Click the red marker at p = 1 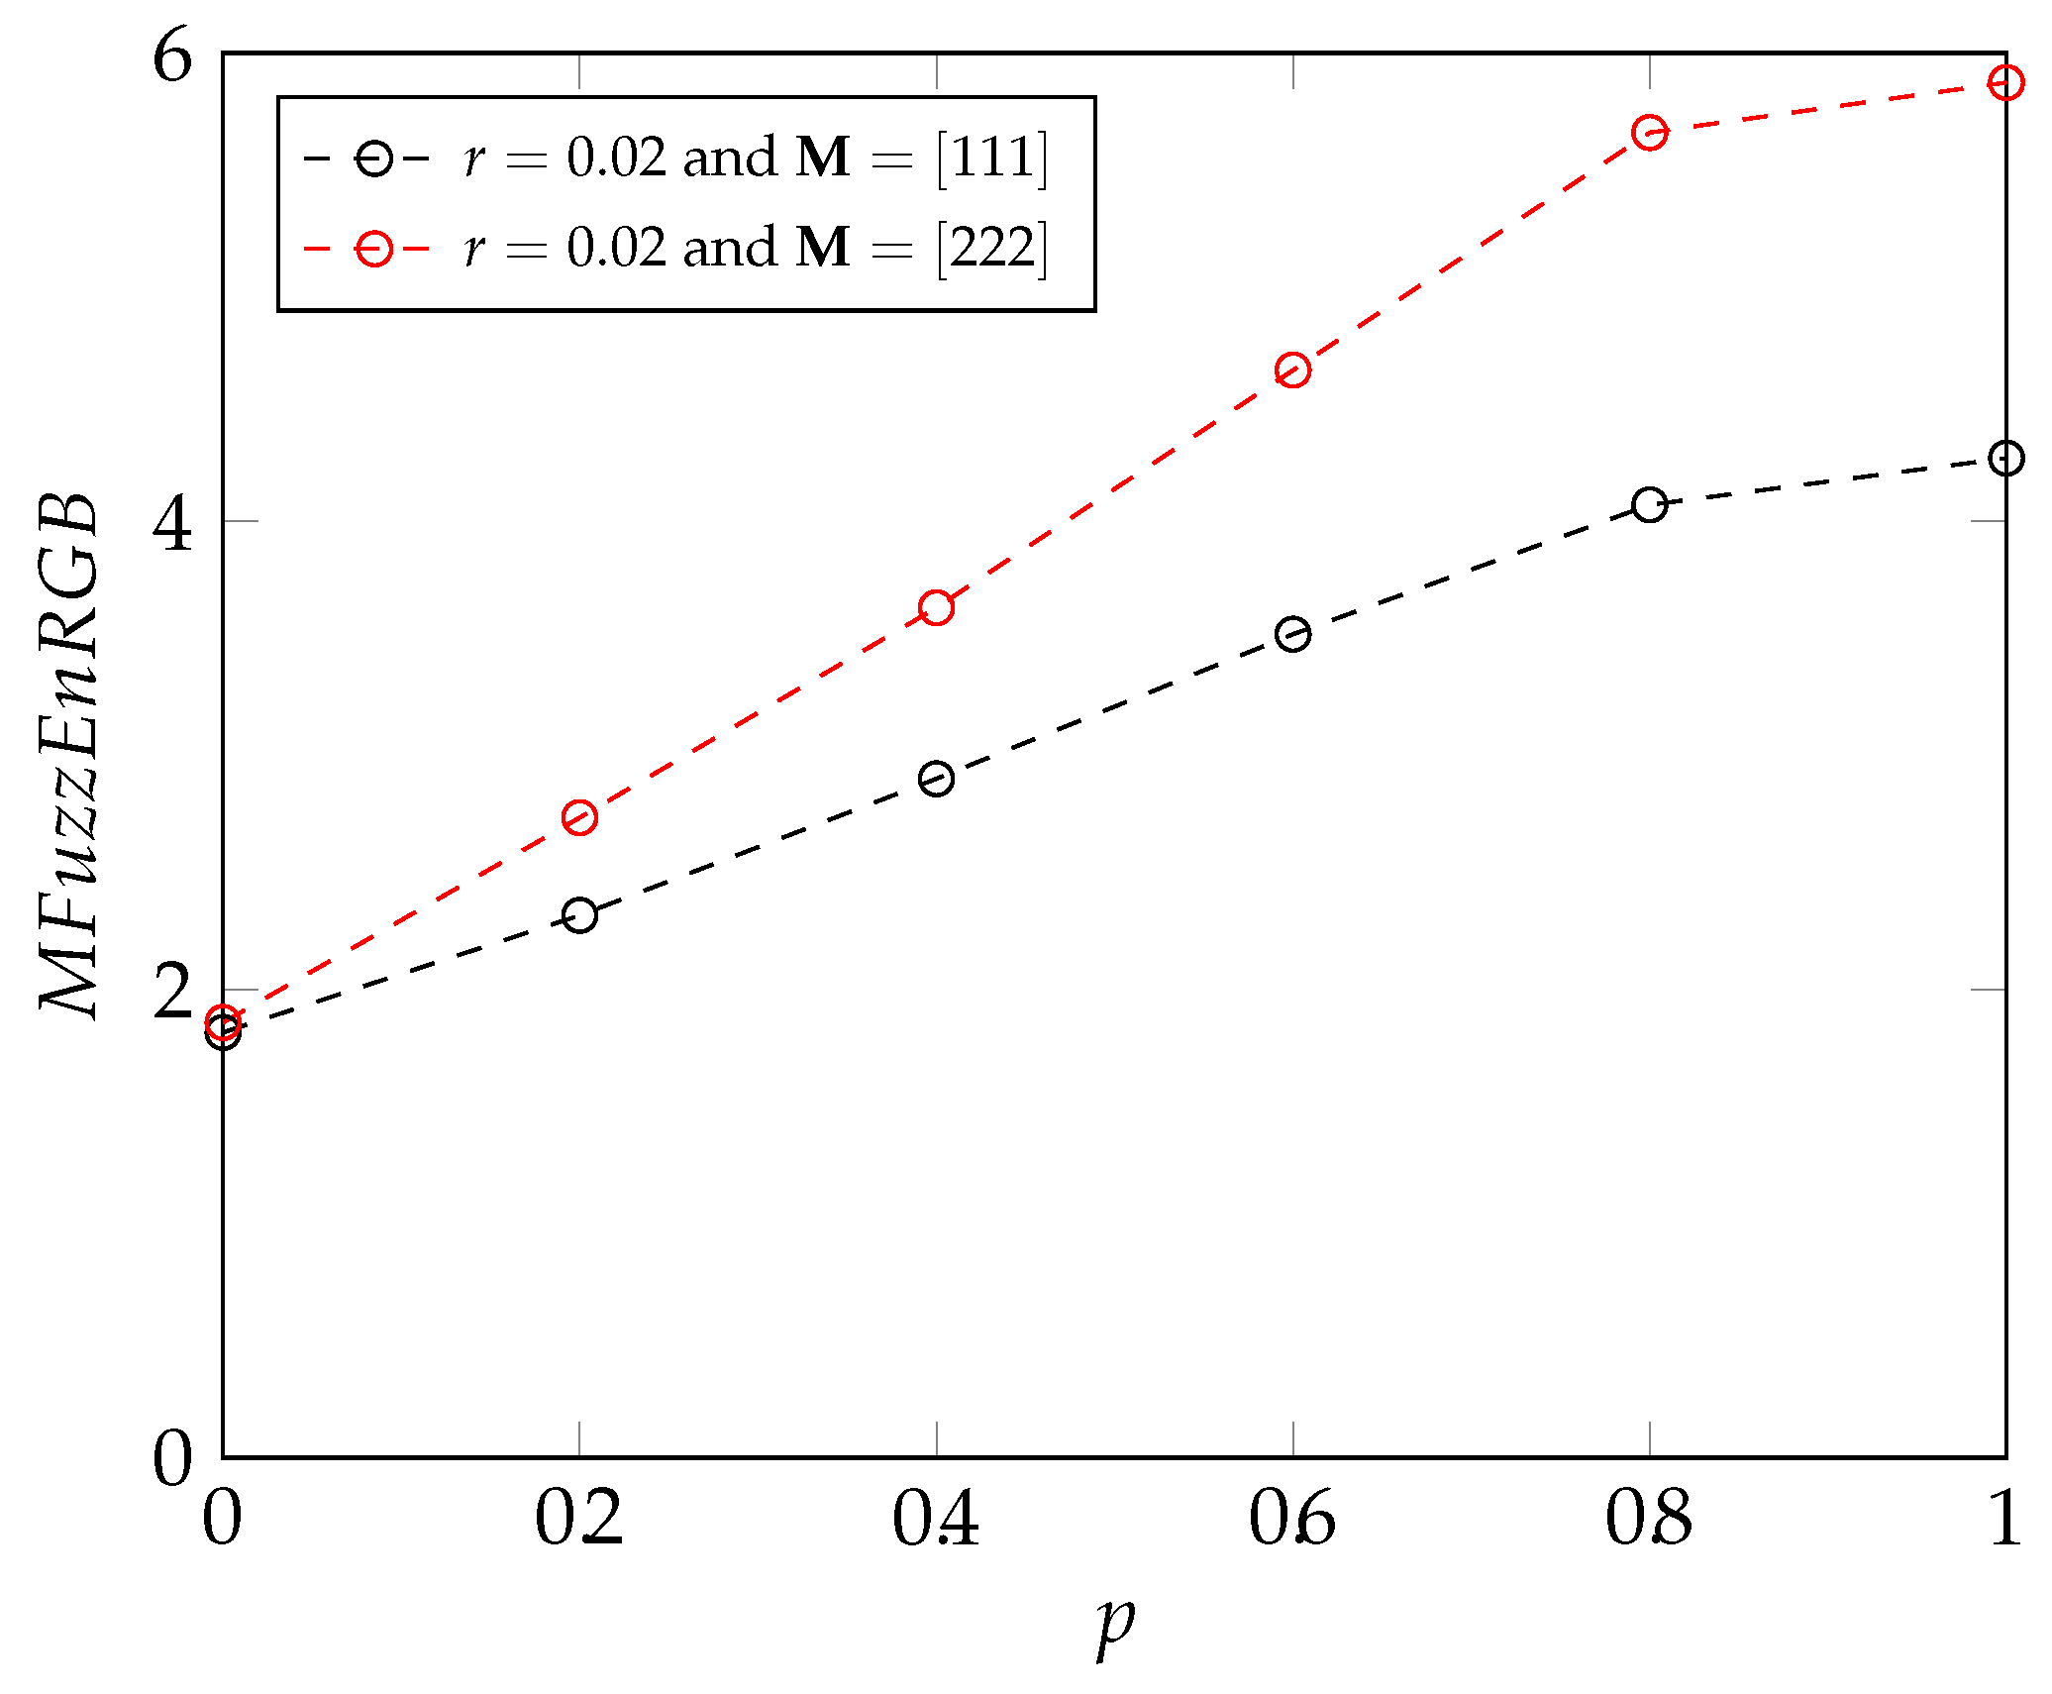(x=2005, y=82)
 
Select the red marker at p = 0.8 (x=1649, y=132)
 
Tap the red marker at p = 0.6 (x=1292, y=371)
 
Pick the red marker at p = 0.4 (x=936, y=607)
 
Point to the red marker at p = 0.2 (x=579, y=817)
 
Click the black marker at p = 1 (x=2005, y=458)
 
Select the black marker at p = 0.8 (x=1649, y=505)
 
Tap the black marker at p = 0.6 (x=1292, y=634)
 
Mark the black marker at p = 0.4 (x=936, y=779)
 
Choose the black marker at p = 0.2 (x=579, y=914)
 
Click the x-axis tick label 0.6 (x=1291, y=1519)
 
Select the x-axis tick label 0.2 (x=578, y=1519)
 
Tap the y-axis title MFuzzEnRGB (x=69, y=755)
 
